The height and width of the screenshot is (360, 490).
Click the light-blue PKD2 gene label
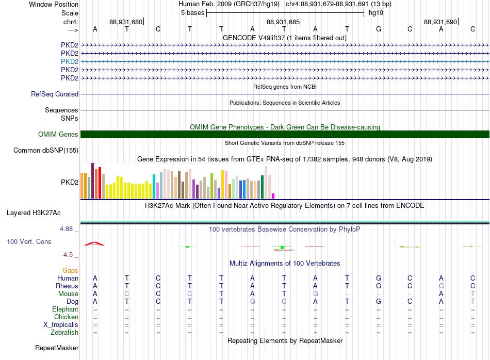tap(70, 61)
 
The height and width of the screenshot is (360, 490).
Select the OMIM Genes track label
tap(58, 135)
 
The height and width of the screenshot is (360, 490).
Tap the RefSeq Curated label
tap(55, 94)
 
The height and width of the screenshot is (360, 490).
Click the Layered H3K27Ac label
tap(34, 213)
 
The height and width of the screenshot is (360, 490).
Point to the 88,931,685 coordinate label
tap(283, 22)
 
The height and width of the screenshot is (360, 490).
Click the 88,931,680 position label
tap(126, 22)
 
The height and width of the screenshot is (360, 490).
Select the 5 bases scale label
tap(192, 13)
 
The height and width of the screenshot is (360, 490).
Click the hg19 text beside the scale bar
tap(376, 13)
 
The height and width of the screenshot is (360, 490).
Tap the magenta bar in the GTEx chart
tap(273, 196)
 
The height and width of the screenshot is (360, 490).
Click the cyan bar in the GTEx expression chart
tap(154, 187)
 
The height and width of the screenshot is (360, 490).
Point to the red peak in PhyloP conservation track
tap(94, 243)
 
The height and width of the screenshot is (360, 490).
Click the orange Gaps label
tap(70, 271)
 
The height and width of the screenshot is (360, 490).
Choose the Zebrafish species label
tap(64, 333)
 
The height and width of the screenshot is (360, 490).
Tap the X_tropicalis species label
tap(61, 325)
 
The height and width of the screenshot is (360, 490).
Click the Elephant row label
tap(65, 309)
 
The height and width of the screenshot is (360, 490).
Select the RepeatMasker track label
tap(57, 348)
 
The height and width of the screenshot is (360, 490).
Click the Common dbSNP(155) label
tap(46, 150)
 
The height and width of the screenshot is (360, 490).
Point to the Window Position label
tap(54, 4)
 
